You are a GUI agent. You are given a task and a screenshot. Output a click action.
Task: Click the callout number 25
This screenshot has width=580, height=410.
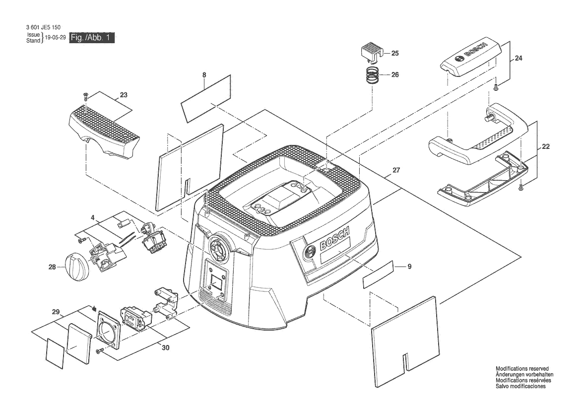395,53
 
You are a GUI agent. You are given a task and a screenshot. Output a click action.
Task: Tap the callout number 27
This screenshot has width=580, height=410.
396,170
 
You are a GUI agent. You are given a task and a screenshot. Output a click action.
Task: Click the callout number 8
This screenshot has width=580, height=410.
204,75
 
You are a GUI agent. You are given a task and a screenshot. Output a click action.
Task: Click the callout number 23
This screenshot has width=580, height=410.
124,95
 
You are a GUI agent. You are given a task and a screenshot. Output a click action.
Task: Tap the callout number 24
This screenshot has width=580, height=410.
518,58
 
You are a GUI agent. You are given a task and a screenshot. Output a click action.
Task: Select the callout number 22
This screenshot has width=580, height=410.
546,146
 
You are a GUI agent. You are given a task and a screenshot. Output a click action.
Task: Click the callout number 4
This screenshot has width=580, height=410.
92,217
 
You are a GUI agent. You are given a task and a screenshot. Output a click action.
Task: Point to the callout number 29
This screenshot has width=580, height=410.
56,312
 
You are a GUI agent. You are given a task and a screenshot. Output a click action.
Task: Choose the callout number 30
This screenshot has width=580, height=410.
166,348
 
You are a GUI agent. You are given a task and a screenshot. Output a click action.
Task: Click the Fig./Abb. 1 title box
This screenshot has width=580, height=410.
92,38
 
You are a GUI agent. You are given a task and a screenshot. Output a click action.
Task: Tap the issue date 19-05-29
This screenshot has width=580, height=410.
55,38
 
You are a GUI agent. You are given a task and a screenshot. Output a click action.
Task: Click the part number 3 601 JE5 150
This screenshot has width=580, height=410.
43,27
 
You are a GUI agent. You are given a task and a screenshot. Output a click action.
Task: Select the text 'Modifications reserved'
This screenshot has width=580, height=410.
522,369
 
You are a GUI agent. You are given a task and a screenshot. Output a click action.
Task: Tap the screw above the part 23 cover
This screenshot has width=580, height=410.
85,96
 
